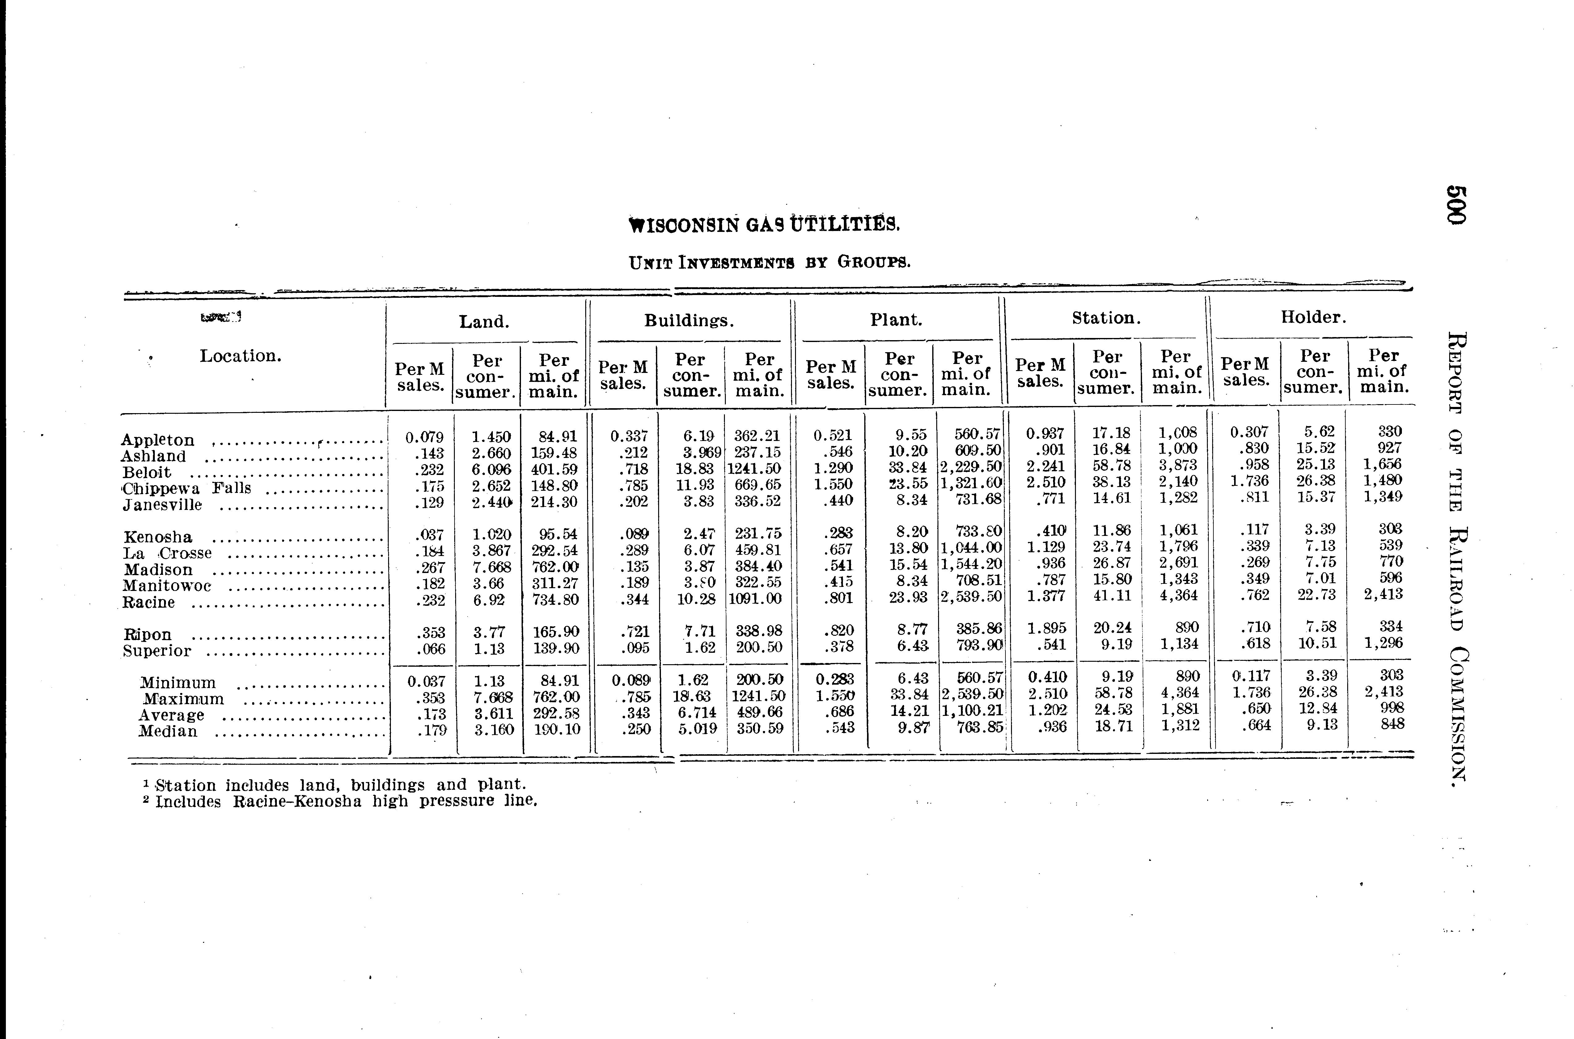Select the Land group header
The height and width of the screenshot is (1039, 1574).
pyautogui.click(x=484, y=322)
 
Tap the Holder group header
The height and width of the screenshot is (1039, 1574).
pyautogui.click(x=1313, y=317)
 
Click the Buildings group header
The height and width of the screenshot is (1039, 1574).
pyautogui.click(x=689, y=321)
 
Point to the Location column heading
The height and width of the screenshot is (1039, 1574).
pyautogui.click(x=240, y=356)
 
